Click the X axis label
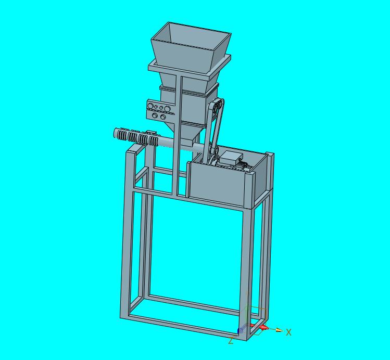pyautogui.click(x=288, y=332)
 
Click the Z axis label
pyautogui.click(x=231, y=341)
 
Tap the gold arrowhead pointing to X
pyautogui.click(x=279, y=330)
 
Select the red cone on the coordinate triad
pyautogui.click(x=265, y=328)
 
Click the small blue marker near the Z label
pyautogui.click(x=239, y=331)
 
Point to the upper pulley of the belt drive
pyautogui.click(x=217, y=104)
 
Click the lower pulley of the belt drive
pyautogui.click(x=213, y=159)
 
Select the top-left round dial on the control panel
pyautogui.click(x=150, y=106)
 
